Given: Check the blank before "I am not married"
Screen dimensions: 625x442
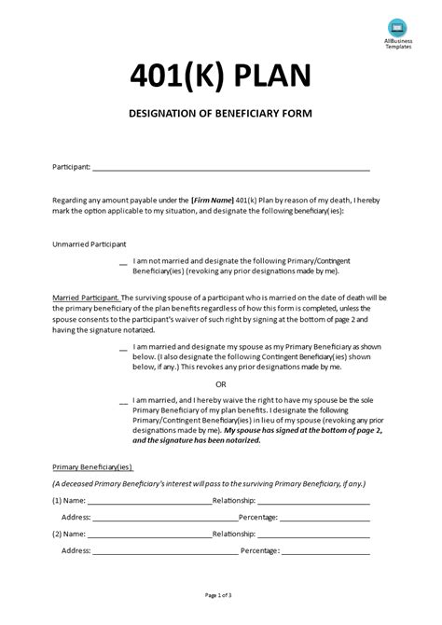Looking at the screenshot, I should click(124, 263).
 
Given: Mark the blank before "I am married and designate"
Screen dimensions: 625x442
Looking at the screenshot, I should click(124, 348).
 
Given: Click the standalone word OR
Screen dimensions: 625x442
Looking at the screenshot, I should click(221, 383).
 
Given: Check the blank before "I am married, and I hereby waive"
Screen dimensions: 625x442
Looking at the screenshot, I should click(124, 403).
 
